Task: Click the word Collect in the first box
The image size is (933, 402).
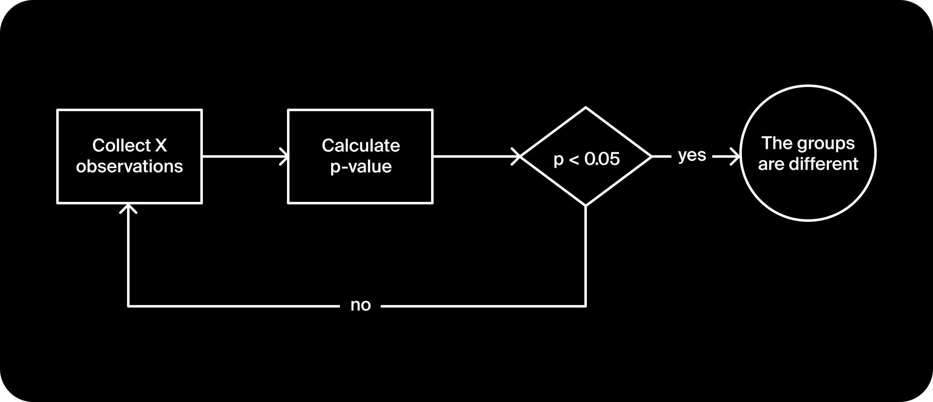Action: click(121, 146)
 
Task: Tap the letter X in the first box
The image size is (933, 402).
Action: click(161, 146)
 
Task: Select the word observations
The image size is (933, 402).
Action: click(129, 166)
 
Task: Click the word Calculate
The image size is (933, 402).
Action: click(361, 146)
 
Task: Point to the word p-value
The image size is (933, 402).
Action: click(361, 166)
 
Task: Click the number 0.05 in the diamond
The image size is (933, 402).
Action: click(602, 159)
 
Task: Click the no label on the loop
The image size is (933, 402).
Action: click(360, 305)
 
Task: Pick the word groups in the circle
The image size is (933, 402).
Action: click(826, 144)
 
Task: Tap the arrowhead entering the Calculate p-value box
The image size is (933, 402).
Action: click(284, 156)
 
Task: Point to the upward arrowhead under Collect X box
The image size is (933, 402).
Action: click(128, 208)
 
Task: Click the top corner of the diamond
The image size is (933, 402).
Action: click(586, 108)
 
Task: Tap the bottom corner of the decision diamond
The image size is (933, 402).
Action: click(586, 205)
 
